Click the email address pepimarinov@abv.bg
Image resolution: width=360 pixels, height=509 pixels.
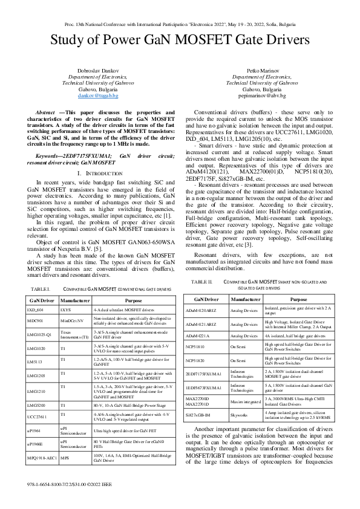(263, 96)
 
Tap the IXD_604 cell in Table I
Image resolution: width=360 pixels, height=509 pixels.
(35, 309)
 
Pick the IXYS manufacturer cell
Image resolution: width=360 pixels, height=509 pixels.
(66, 309)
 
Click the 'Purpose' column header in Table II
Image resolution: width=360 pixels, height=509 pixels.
(299, 299)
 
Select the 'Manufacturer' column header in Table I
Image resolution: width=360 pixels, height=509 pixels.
(75, 299)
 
